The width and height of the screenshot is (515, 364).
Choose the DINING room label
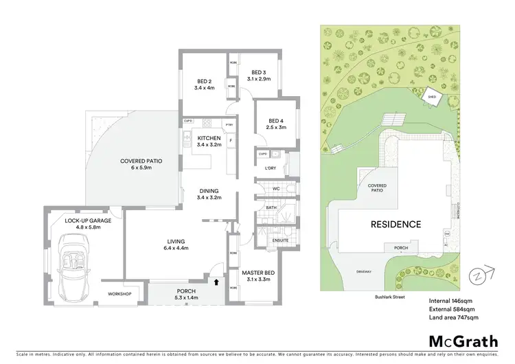pyautogui.click(x=209, y=194)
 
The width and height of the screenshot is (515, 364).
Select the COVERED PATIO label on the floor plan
pyautogui.click(x=141, y=164)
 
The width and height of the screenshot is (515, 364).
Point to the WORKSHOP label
pyautogui.click(x=119, y=294)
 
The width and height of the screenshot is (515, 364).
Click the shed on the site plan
pyautogui.click(x=431, y=98)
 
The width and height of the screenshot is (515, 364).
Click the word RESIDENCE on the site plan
pyautogui.click(x=396, y=224)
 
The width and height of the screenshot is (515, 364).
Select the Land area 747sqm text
pyautogui.click(x=453, y=318)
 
